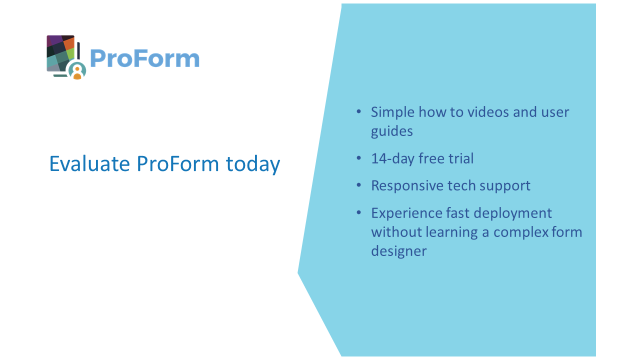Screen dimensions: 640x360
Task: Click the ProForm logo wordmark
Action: click(x=144, y=58)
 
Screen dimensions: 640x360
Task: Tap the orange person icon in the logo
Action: click(x=77, y=73)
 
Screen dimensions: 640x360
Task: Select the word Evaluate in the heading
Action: click(x=89, y=164)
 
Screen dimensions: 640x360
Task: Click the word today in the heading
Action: click(x=253, y=164)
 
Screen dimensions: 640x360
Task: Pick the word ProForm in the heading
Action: click(x=177, y=164)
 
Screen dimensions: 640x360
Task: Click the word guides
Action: click(x=391, y=131)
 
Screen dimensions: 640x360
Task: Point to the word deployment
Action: click(x=512, y=213)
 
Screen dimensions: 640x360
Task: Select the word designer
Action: click(x=399, y=251)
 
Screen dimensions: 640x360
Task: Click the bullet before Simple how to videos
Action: click(x=359, y=111)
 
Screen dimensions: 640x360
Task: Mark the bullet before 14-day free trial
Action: click(x=359, y=158)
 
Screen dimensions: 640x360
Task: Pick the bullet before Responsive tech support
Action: click(x=359, y=185)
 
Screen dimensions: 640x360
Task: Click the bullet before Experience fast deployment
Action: click(x=359, y=212)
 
